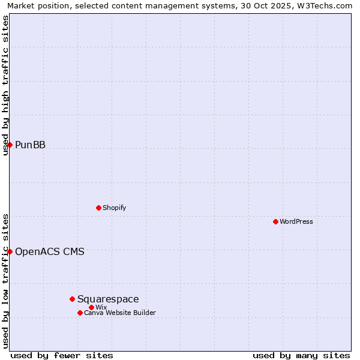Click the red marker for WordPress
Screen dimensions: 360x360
click(x=275, y=221)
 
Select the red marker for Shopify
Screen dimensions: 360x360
click(x=98, y=208)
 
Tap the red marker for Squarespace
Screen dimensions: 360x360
click(x=72, y=299)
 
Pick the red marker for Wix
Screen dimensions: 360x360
click(x=91, y=307)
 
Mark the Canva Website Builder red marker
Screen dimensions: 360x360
click(x=80, y=313)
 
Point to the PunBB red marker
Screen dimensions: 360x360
click(x=10, y=145)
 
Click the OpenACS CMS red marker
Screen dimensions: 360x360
click(x=10, y=251)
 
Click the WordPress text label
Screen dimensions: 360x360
click(x=296, y=221)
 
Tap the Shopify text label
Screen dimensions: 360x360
click(x=114, y=208)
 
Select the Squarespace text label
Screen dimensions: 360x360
click(x=108, y=299)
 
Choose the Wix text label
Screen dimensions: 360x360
click(x=101, y=307)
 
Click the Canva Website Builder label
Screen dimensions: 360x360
click(x=120, y=313)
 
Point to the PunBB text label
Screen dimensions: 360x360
click(x=30, y=145)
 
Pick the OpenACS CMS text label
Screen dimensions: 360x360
click(x=50, y=251)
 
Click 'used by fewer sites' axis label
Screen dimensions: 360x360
click(x=62, y=355)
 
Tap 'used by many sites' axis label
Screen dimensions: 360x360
click(x=301, y=355)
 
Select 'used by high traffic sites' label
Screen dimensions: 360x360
click(x=5, y=85)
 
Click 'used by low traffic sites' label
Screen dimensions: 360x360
click(x=5, y=280)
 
